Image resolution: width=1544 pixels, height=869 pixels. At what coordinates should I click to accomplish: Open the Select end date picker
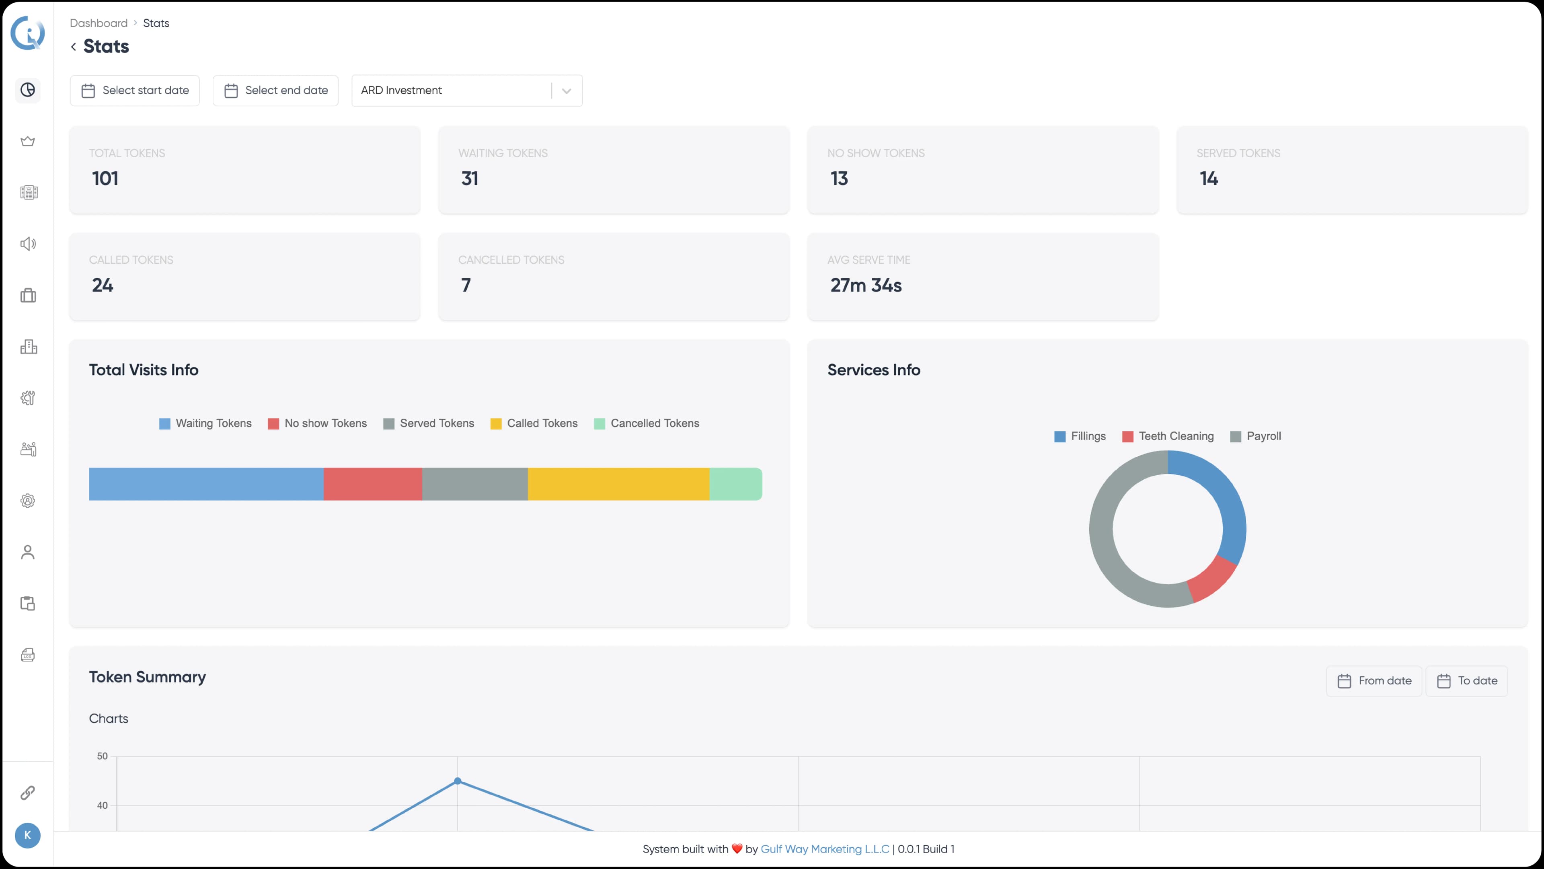pos(276,90)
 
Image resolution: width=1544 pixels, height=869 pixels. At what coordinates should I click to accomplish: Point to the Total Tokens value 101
pos(105,179)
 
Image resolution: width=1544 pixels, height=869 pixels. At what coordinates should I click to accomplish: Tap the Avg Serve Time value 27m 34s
pos(866,285)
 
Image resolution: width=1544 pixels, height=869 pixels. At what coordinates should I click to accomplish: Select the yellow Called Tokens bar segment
pos(618,484)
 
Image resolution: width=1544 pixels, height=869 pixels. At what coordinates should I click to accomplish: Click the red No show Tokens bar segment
pos(372,484)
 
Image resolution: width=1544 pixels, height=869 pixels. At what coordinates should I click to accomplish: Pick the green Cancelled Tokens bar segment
pos(735,484)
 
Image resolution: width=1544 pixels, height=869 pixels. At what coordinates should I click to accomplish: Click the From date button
pos(1374,681)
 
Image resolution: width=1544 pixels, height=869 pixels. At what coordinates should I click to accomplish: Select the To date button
pos(1467,681)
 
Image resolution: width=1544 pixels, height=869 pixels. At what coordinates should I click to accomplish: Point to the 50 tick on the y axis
pos(103,756)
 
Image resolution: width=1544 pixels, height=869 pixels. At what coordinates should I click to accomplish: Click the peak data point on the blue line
pos(457,781)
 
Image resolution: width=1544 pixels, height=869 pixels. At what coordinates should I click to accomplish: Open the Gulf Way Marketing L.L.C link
pos(825,849)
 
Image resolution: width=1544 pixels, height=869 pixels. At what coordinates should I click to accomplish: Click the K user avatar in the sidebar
pos(28,836)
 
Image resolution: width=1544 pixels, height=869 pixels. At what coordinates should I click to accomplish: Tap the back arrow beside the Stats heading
pos(73,47)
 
